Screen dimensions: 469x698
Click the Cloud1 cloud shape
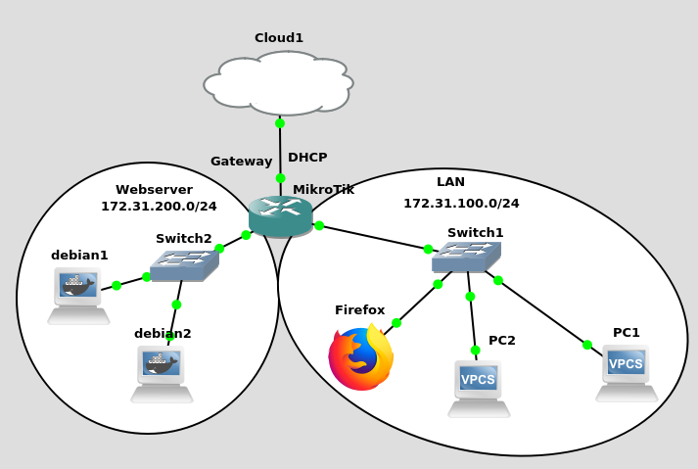click(279, 83)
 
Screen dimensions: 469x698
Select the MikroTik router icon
click(280, 216)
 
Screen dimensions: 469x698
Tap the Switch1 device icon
click(466, 257)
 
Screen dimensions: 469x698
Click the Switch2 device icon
click(184, 265)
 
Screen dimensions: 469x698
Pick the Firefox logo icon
click(360, 358)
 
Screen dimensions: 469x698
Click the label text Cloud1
click(279, 38)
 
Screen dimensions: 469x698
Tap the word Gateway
click(241, 162)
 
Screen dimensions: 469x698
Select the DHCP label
click(307, 158)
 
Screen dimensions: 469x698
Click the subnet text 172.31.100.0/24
click(461, 204)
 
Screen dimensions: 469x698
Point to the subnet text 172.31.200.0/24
click(159, 207)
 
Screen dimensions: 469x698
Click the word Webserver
click(154, 190)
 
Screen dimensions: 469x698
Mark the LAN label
click(450, 182)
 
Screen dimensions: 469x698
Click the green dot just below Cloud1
click(280, 123)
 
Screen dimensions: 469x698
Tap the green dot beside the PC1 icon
click(587, 345)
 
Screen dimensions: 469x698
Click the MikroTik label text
click(323, 190)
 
